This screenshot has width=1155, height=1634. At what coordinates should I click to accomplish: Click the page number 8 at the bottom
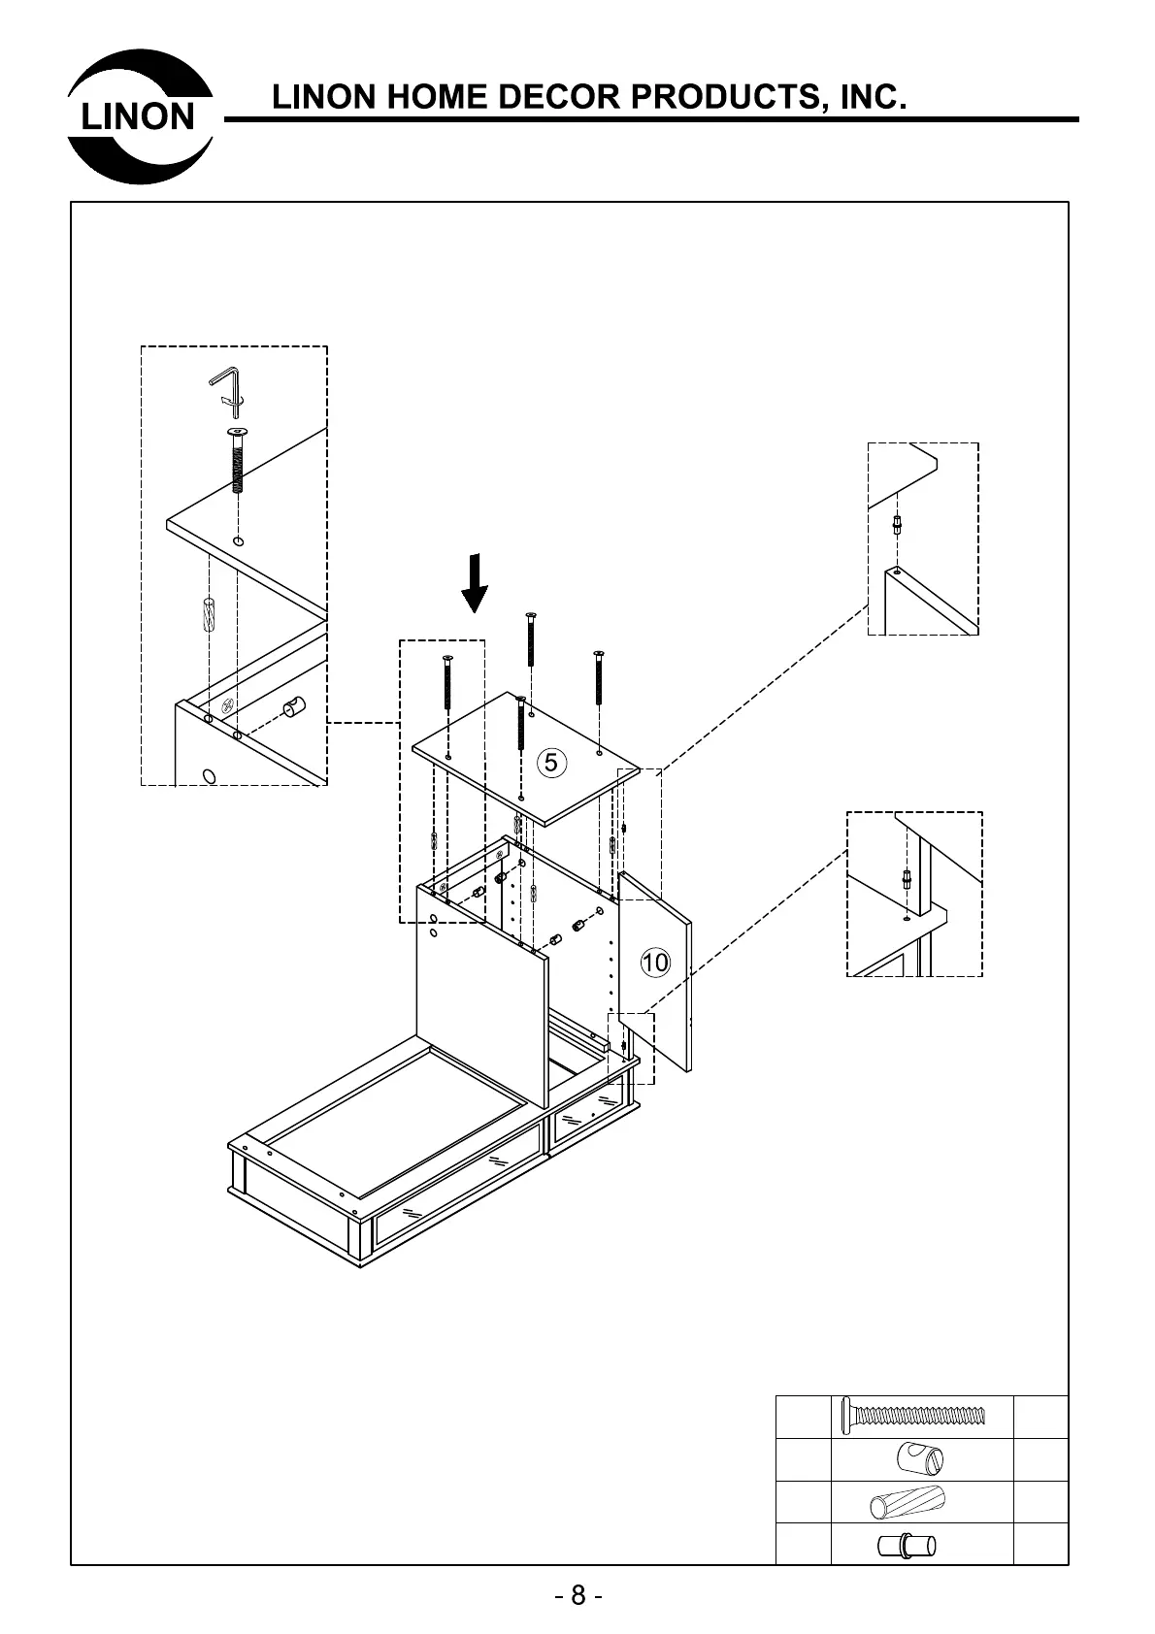[577, 1596]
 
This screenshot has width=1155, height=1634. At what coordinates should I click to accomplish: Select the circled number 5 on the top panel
[551, 763]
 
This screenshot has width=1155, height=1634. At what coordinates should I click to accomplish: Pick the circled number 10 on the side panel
[655, 962]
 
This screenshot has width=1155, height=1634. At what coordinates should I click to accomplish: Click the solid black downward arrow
[474, 583]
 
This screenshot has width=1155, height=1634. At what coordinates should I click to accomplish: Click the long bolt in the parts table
[913, 1416]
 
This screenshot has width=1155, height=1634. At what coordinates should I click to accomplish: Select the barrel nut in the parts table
[920, 1458]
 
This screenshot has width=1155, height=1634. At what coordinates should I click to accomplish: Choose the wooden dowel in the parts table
[907, 1502]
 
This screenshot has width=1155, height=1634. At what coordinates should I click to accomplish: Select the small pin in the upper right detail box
[900, 525]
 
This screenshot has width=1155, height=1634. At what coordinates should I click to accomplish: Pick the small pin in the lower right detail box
[905, 879]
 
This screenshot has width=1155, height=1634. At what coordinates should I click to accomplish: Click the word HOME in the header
[431, 98]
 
